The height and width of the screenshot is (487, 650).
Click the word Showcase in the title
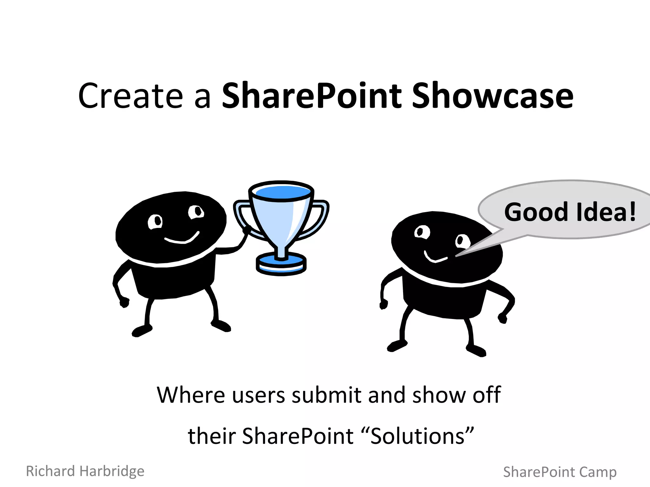[x=492, y=96]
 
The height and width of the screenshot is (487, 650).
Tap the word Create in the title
[x=130, y=96]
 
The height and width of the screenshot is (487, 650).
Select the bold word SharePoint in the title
[x=312, y=96]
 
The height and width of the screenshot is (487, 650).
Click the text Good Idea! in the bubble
[x=570, y=212]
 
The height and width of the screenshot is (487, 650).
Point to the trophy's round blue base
[x=281, y=264]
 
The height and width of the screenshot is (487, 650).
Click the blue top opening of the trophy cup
[x=281, y=192]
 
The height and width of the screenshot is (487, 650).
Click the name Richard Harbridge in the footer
[x=85, y=471]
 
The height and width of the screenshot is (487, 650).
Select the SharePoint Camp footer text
[x=560, y=472]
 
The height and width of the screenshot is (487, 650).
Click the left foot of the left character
[x=141, y=331]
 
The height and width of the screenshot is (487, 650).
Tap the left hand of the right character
[x=383, y=304]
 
